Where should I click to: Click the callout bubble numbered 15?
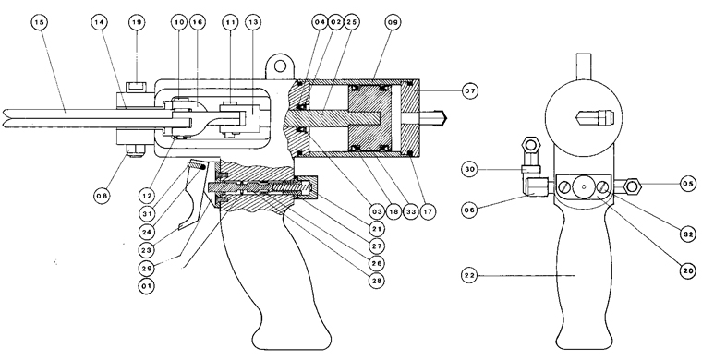pos(40,22)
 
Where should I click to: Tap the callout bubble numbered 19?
pos(137,22)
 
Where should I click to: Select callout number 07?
pos(470,90)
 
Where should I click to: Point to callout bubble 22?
pos(469,275)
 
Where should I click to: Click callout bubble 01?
pos(146,285)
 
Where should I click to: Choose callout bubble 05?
pos(687,184)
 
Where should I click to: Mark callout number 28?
pos(377,281)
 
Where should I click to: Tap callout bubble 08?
pos(102,195)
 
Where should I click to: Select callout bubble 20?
pos(687,270)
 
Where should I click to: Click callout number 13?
pos(253,22)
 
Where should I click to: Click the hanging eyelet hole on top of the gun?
pos(280,66)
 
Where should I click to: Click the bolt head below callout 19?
pos(138,87)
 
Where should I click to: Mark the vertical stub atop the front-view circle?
pos(583,62)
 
